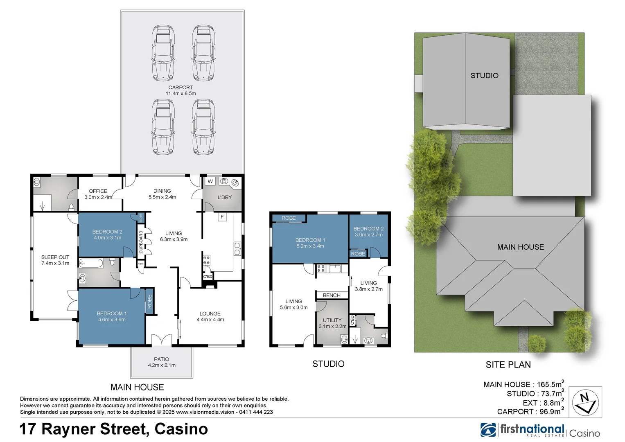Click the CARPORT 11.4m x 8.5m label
(181, 90)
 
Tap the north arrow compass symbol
(585, 402)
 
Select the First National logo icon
(488, 430)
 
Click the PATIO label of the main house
(162, 362)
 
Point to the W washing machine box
(210, 181)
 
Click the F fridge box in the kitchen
(222, 217)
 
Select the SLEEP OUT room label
(55, 260)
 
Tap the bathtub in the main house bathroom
(91, 263)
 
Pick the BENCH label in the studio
(332, 295)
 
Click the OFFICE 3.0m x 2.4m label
(98, 194)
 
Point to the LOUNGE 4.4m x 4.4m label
(210, 316)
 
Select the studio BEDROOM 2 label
(368, 232)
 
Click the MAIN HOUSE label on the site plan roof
(520, 247)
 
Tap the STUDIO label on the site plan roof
(484, 76)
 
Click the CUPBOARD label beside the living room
(141, 242)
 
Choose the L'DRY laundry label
(224, 197)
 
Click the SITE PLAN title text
(508, 365)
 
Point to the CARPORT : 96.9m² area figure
(530, 411)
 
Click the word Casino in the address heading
(181, 429)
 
